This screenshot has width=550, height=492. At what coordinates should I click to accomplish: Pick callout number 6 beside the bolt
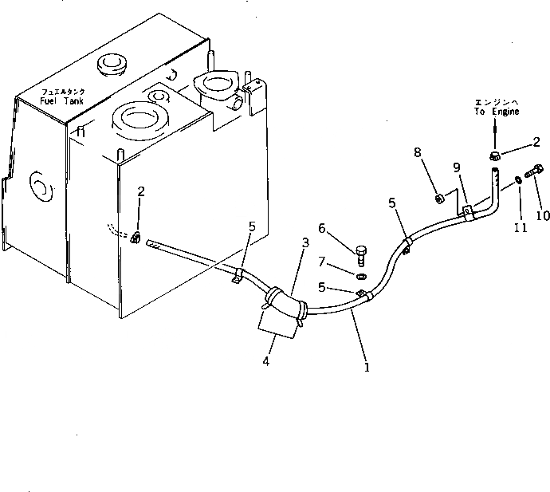coord(322,229)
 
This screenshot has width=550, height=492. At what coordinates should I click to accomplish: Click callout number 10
coord(544,215)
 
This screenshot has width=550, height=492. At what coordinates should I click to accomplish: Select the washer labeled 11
coord(519,180)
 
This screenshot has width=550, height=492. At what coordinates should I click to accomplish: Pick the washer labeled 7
coord(360,276)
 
